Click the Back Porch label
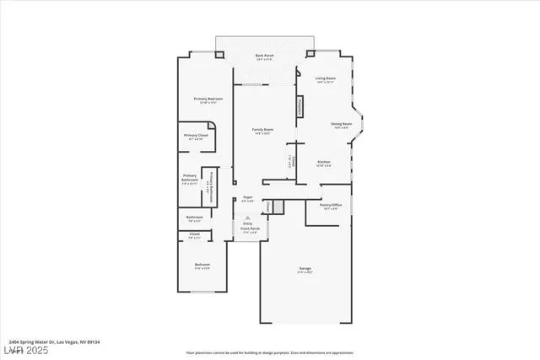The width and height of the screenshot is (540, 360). pyautogui.click(x=264, y=56)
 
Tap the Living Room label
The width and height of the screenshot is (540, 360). pyautogui.click(x=326, y=79)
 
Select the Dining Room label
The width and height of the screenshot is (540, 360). pyautogui.click(x=341, y=125)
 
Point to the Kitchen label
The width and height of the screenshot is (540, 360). pyautogui.click(x=324, y=162)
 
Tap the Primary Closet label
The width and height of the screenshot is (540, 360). pyautogui.click(x=197, y=137)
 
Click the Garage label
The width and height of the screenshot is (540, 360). pyautogui.click(x=305, y=269)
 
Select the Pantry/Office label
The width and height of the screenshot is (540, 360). pyautogui.click(x=330, y=206)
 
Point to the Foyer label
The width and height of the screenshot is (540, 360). pyautogui.click(x=247, y=197)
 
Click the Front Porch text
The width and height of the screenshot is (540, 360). pyautogui.click(x=250, y=228)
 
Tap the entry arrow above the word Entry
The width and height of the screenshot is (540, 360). pyautogui.click(x=247, y=216)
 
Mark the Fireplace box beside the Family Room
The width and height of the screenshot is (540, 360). pyautogui.click(x=299, y=107)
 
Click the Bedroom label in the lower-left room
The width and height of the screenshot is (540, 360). pyautogui.click(x=202, y=266)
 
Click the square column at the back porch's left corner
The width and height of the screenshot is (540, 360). pyautogui.click(x=219, y=56)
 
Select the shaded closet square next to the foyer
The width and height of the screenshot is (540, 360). pyautogui.click(x=267, y=207)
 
